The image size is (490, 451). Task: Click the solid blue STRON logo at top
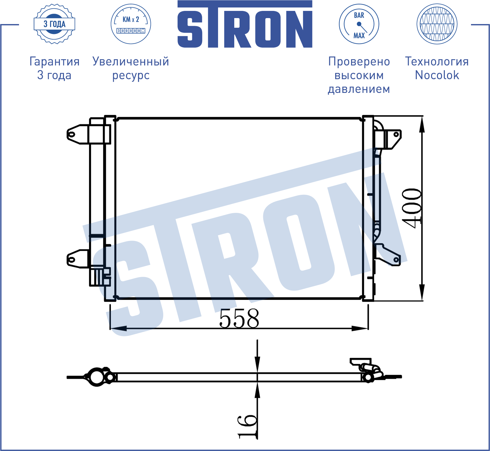pyautogui.click(x=245, y=24)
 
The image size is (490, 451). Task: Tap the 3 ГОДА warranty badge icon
pyautogui.click(x=55, y=24)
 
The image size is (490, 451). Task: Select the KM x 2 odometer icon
pyautogui.click(x=131, y=24)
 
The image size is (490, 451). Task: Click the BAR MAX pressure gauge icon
pyautogui.click(x=359, y=24)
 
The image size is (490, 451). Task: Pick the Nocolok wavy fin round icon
pyautogui.click(x=437, y=24)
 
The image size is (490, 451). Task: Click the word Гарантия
pyautogui.click(x=55, y=62)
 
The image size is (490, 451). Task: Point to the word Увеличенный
pyautogui.click(x=131, y=62)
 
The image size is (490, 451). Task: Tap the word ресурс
pyautogui.click(x=131, y=76)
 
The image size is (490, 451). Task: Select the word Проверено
pyautogui.click(x=359, y=62)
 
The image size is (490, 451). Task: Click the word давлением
pyautogui.click(x=359, y=89)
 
